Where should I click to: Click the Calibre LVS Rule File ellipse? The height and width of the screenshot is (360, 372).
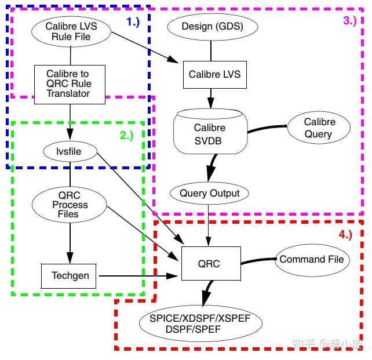[x=71, y=31]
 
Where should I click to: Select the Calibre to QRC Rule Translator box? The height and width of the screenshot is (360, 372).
[x=70, y=85]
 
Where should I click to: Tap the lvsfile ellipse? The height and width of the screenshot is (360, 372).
[x=70, y=151]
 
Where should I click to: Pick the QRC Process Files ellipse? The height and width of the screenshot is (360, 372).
[x=70, y=205]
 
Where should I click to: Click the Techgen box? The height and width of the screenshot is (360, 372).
[x=69, y=276]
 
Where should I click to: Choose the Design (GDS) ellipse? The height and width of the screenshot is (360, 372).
[x=212, y=27]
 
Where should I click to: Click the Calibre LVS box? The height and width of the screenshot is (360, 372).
[x=215, y=75]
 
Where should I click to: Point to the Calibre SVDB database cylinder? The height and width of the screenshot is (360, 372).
[x=210, y=131]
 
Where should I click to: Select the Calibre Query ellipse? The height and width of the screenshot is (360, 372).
[x=319, y=128]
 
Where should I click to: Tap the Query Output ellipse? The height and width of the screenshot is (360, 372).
[x=209, y=193]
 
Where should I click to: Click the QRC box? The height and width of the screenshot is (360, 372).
[x=211, y=263]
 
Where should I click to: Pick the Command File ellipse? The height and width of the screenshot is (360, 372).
[x=312, y=260]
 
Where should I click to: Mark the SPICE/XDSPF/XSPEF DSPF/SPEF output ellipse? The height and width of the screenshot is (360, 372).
[x=200, y=323]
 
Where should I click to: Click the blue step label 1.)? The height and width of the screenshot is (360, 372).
[x=133, y=22]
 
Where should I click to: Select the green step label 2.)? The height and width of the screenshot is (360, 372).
[x=126, y=136]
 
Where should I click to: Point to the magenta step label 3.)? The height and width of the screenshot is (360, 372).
[x=350, y=21]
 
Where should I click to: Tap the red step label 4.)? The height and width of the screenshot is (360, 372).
[x=345, y=235]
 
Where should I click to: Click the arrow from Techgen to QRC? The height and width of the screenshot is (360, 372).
[x=138, y=276]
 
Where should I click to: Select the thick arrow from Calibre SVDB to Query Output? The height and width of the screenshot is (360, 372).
[x=211, y=168]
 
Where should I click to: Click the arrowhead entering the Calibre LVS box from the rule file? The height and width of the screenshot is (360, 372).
[x=173, y=59]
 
